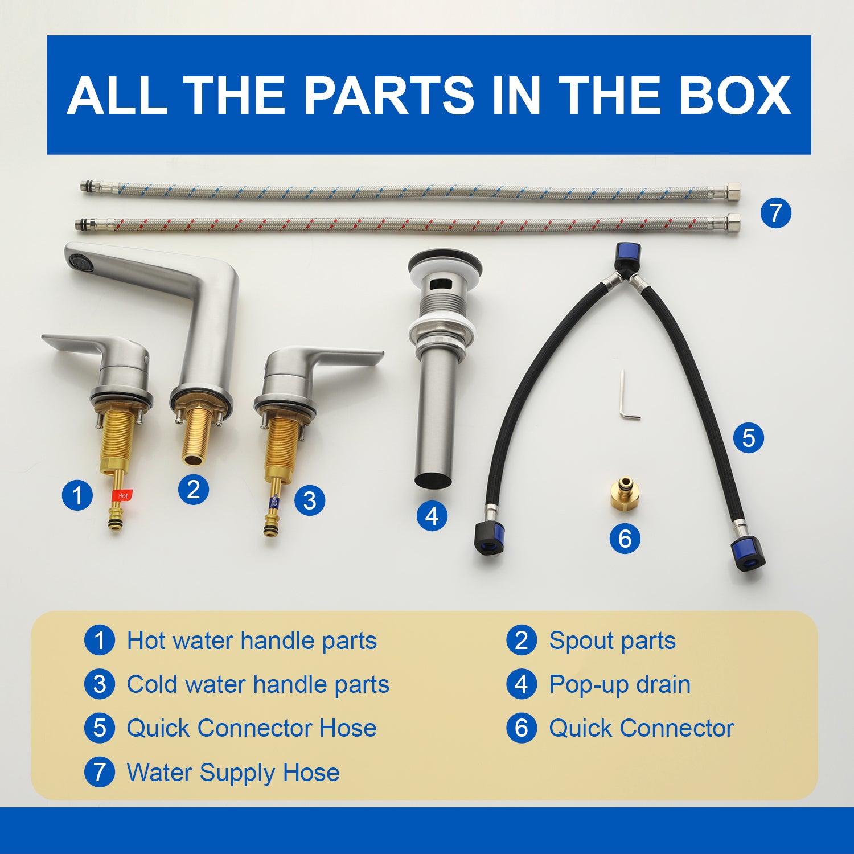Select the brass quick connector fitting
coord(625,494)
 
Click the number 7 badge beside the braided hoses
coord(776,213)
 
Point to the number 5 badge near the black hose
coord(749,438)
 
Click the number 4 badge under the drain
coord(432,516)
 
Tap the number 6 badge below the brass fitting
coord(625,538)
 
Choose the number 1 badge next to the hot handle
coord(77,495)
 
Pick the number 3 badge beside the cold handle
coord(310,500)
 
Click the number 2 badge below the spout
coord(194,489)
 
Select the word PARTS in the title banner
coord(389,95)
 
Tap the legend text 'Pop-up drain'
coord(619,685)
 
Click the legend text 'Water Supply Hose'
coord(233,773)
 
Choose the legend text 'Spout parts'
coord(612,641)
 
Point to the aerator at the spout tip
coord(78,262)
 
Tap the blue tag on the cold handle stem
coord(274,502)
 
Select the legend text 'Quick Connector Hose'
coord(252,729)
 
